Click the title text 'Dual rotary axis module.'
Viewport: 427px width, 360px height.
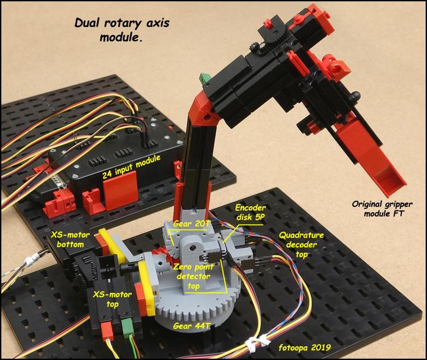tap(122, 30)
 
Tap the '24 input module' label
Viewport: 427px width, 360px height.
tap(131, 166)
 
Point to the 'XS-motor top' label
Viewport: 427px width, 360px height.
tap(112, 299)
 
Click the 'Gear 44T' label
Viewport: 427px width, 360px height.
tap(192, 326)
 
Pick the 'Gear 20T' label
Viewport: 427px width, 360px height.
tap(192, 223)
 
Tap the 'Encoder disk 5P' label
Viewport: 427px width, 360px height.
tap(250, 212)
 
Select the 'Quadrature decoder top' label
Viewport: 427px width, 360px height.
tap(302, 245)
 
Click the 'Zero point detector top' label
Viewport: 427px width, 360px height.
tap(194, 276)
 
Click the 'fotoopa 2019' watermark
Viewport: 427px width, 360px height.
tap(305, 348)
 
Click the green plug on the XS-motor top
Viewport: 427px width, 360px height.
tap(126, 328)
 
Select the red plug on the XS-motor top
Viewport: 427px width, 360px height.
tap(107, 331)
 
